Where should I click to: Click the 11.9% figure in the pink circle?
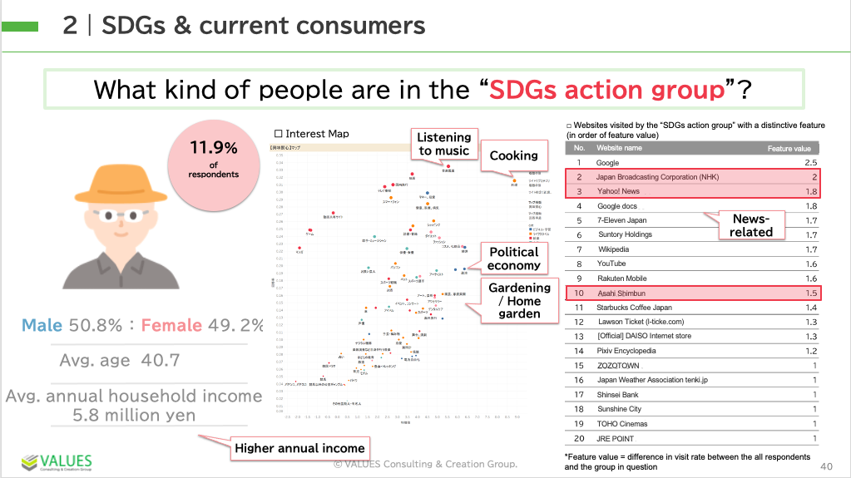click(214, 148)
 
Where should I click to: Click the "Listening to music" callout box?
click(443, 144)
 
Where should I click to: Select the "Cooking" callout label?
click(513, 155)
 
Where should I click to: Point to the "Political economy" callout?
click(513, 259)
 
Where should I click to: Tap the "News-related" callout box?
click(751, 225)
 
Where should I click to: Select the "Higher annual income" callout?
click(299, 448)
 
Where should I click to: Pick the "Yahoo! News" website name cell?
click(618, 191)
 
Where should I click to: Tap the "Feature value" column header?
click(788, 148)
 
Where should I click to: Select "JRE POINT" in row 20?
click(616, 438)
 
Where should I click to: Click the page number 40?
click(826, 466)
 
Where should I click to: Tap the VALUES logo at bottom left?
click(56, 462)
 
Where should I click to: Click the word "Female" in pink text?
click(171, 325)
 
